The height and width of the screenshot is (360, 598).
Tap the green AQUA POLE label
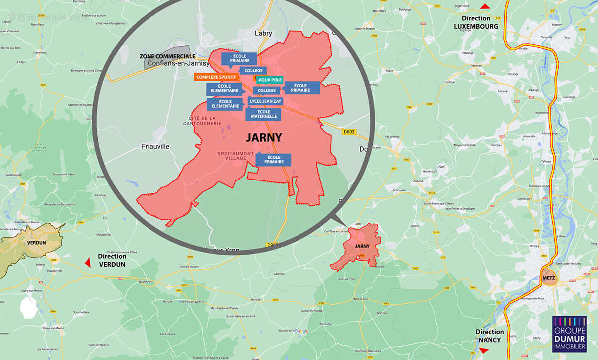click(x=270, y=80)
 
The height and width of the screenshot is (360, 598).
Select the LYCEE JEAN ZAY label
click(x=265, y=101)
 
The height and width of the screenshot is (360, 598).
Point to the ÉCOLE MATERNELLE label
click(x=263, y=114)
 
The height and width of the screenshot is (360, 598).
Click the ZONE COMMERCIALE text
click(x=167, y=57)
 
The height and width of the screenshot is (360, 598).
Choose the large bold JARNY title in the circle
click(x=264, y=138)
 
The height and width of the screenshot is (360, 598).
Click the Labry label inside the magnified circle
click(x=263, y=33)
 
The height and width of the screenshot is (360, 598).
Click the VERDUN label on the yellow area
click(x=37, y=243)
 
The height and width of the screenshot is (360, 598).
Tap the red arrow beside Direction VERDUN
click(x=88, y=262)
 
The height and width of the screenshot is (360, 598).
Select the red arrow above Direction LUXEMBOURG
click(x=485, y=6)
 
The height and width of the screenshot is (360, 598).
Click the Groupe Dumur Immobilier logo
click(x=569, y=335)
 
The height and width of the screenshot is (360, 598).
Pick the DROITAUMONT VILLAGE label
click(x=236, y=156)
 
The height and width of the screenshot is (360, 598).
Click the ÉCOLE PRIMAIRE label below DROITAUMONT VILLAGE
click(x=273, y=160)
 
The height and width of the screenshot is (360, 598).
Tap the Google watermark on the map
click(x=301, y=331)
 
